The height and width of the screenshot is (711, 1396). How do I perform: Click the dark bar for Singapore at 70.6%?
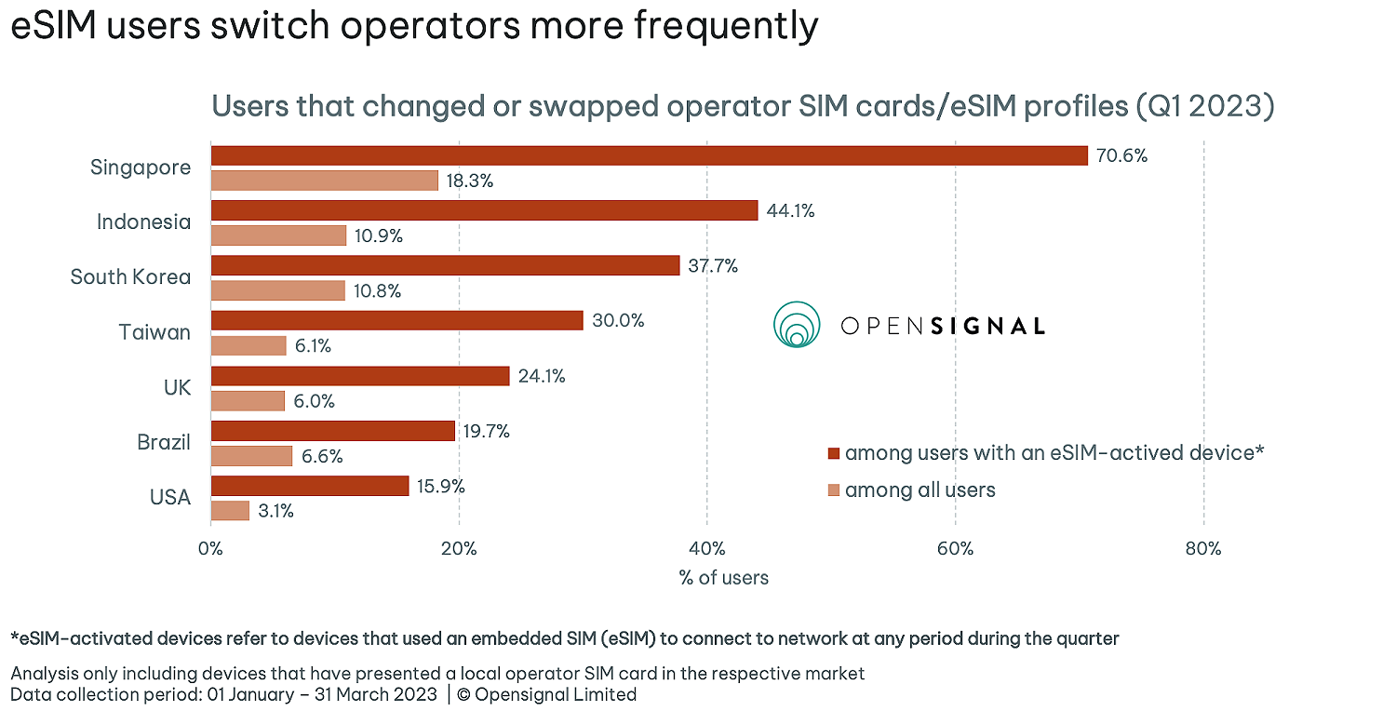pyautogui.click(x=649, y=155)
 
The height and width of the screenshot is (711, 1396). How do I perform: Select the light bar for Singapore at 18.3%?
pyautogui.click(x=324, y=181)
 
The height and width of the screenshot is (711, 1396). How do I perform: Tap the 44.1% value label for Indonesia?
pyautogui.click(x=790, y=211)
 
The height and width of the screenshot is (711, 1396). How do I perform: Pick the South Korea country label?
pyautogui.click(x=130, y=276)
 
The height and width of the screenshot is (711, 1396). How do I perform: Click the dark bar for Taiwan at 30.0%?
pyautogui.click(x=396, y=320)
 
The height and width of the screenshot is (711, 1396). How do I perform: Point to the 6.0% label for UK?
pyautogui.click(x=314, y=401)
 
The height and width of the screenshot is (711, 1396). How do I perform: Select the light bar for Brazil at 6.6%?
pyautogui.click(x=251, y=456)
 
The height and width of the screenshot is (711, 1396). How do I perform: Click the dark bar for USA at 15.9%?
pyautogui.click(x=309, y=486)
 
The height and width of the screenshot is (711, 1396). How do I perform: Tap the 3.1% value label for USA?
pyautogui.click(x=275, y=511)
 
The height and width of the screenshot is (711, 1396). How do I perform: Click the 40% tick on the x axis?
pyautogui.click(x=706, y=548)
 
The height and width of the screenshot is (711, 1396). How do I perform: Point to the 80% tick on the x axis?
pyautogui.click(x=1202, y=548)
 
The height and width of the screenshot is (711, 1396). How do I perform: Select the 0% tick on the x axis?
pyautogui.click(x=211, y=548)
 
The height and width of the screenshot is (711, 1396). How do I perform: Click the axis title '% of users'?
pyautogui.click(x=723, y=578)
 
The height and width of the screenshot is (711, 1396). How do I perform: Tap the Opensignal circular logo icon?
pyautogui.click(x=796, y=325)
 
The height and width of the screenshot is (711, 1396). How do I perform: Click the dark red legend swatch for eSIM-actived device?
pyautogui.click(x=833, y=453)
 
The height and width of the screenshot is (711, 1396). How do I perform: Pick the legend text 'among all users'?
pyautogui.click(x=919, y=490)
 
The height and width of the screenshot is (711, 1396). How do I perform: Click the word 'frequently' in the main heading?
pyautogui.click(x=726, y=25)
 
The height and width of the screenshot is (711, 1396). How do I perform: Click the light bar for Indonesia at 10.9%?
pyautogui.click(x=278, y=235)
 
